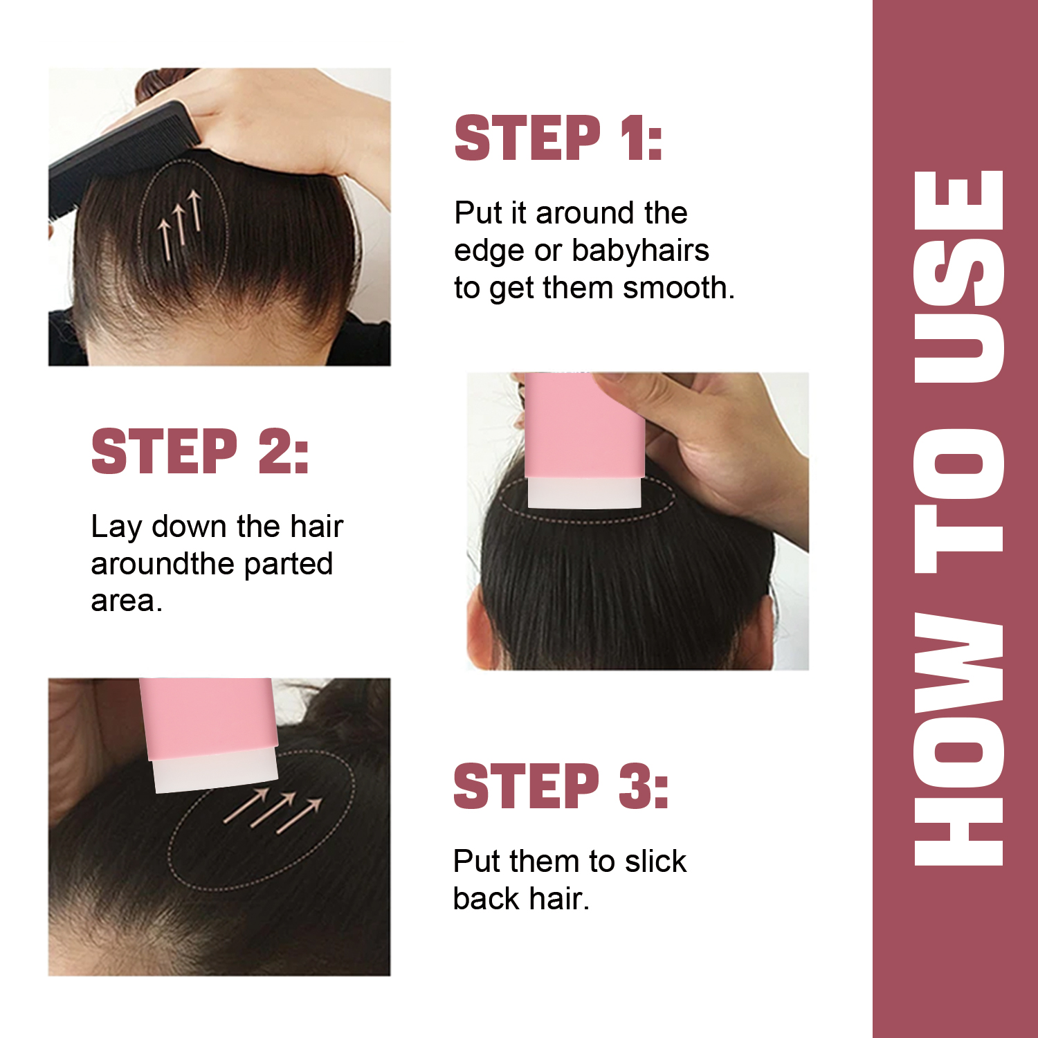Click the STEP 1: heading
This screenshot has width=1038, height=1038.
pyautogui.click(x=558, y=138)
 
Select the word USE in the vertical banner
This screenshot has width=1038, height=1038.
pyautogui.click(x=959, y=277)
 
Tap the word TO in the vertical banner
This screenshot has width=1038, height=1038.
pyautogui.click(x=959, y=502)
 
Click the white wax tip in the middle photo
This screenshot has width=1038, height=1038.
pyautogui.click(x=585, y=493)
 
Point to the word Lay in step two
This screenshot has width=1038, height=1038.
pyautogui.click(x=116, y=527)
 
